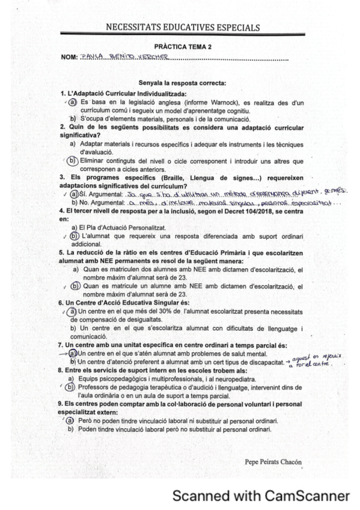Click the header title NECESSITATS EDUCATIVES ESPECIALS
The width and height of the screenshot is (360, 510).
pos(183,28)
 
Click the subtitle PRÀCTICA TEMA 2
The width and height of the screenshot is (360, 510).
pos(183,46)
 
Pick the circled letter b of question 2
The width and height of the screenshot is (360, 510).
pos(73,161)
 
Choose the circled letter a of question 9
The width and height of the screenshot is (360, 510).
pos(70,420)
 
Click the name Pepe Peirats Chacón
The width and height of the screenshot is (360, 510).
pos(273,462)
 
